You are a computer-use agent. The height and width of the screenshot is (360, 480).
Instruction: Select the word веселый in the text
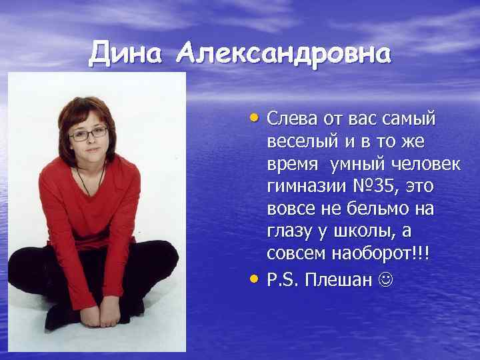point(297,141)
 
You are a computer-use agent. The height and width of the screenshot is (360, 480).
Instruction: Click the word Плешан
point(338,278)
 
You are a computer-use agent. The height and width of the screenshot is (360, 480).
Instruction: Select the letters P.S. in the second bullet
point(283,278)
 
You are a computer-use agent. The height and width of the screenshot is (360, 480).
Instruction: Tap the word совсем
point(295,255)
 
